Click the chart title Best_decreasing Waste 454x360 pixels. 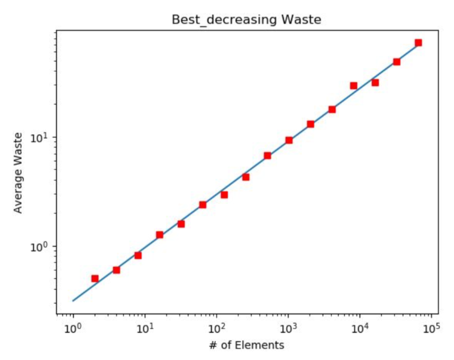[x=245, y=20]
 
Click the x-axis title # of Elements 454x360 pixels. [x=246, y=345]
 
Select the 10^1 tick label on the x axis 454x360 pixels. [x=145, y=327]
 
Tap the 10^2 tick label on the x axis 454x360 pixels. [x=216, y=327]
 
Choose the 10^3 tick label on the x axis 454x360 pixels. [x=288, y=327]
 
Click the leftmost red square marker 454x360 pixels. [x=95, y=278]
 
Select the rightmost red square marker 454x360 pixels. [x=418, y=43]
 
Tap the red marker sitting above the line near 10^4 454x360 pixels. [x=354, y=86]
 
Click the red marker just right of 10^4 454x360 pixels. [x=375, y=82]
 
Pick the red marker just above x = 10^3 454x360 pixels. [x=289, y=140]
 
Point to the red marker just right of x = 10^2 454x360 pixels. [x=224, y=195]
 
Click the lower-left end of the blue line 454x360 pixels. [x=73, y=301]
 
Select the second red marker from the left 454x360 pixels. [x=116, y=270]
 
